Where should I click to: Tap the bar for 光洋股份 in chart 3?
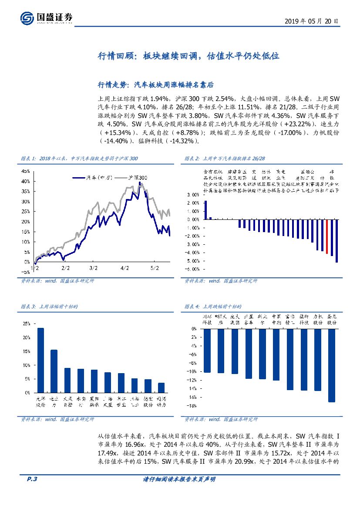click(40, 360)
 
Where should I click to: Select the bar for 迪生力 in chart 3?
click(54, 371)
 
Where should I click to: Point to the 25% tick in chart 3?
click(27, 324)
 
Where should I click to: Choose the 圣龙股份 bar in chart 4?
click(332, 365)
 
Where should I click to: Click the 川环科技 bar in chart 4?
click(207, 351)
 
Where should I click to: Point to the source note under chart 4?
click(221, 419)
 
